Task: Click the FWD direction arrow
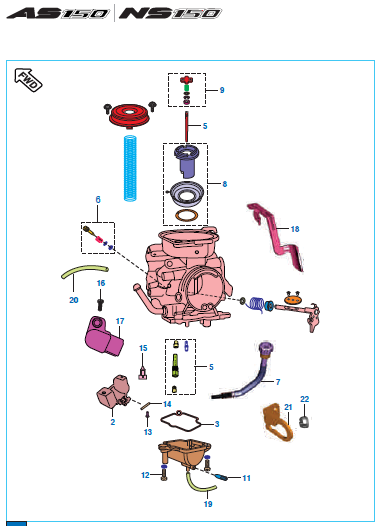pos(28,80)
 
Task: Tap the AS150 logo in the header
pos(58,13)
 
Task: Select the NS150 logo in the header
pos(170,13)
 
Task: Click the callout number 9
pos(222,90)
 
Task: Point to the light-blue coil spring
pos(130,168)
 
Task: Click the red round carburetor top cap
pos(129,115)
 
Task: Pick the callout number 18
pos(295,229)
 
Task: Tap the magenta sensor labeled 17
pos(104,336)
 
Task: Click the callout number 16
pos(101,283)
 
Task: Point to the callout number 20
pos(74,300)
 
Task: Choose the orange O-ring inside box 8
pos(186,215)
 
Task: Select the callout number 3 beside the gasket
pos(217,424)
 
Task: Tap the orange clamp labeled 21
pos(277,422)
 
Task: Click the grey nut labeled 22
pos(304,421)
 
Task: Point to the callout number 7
pos(278,382)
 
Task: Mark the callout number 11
pos(247,478)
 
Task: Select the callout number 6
pos(98,200)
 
